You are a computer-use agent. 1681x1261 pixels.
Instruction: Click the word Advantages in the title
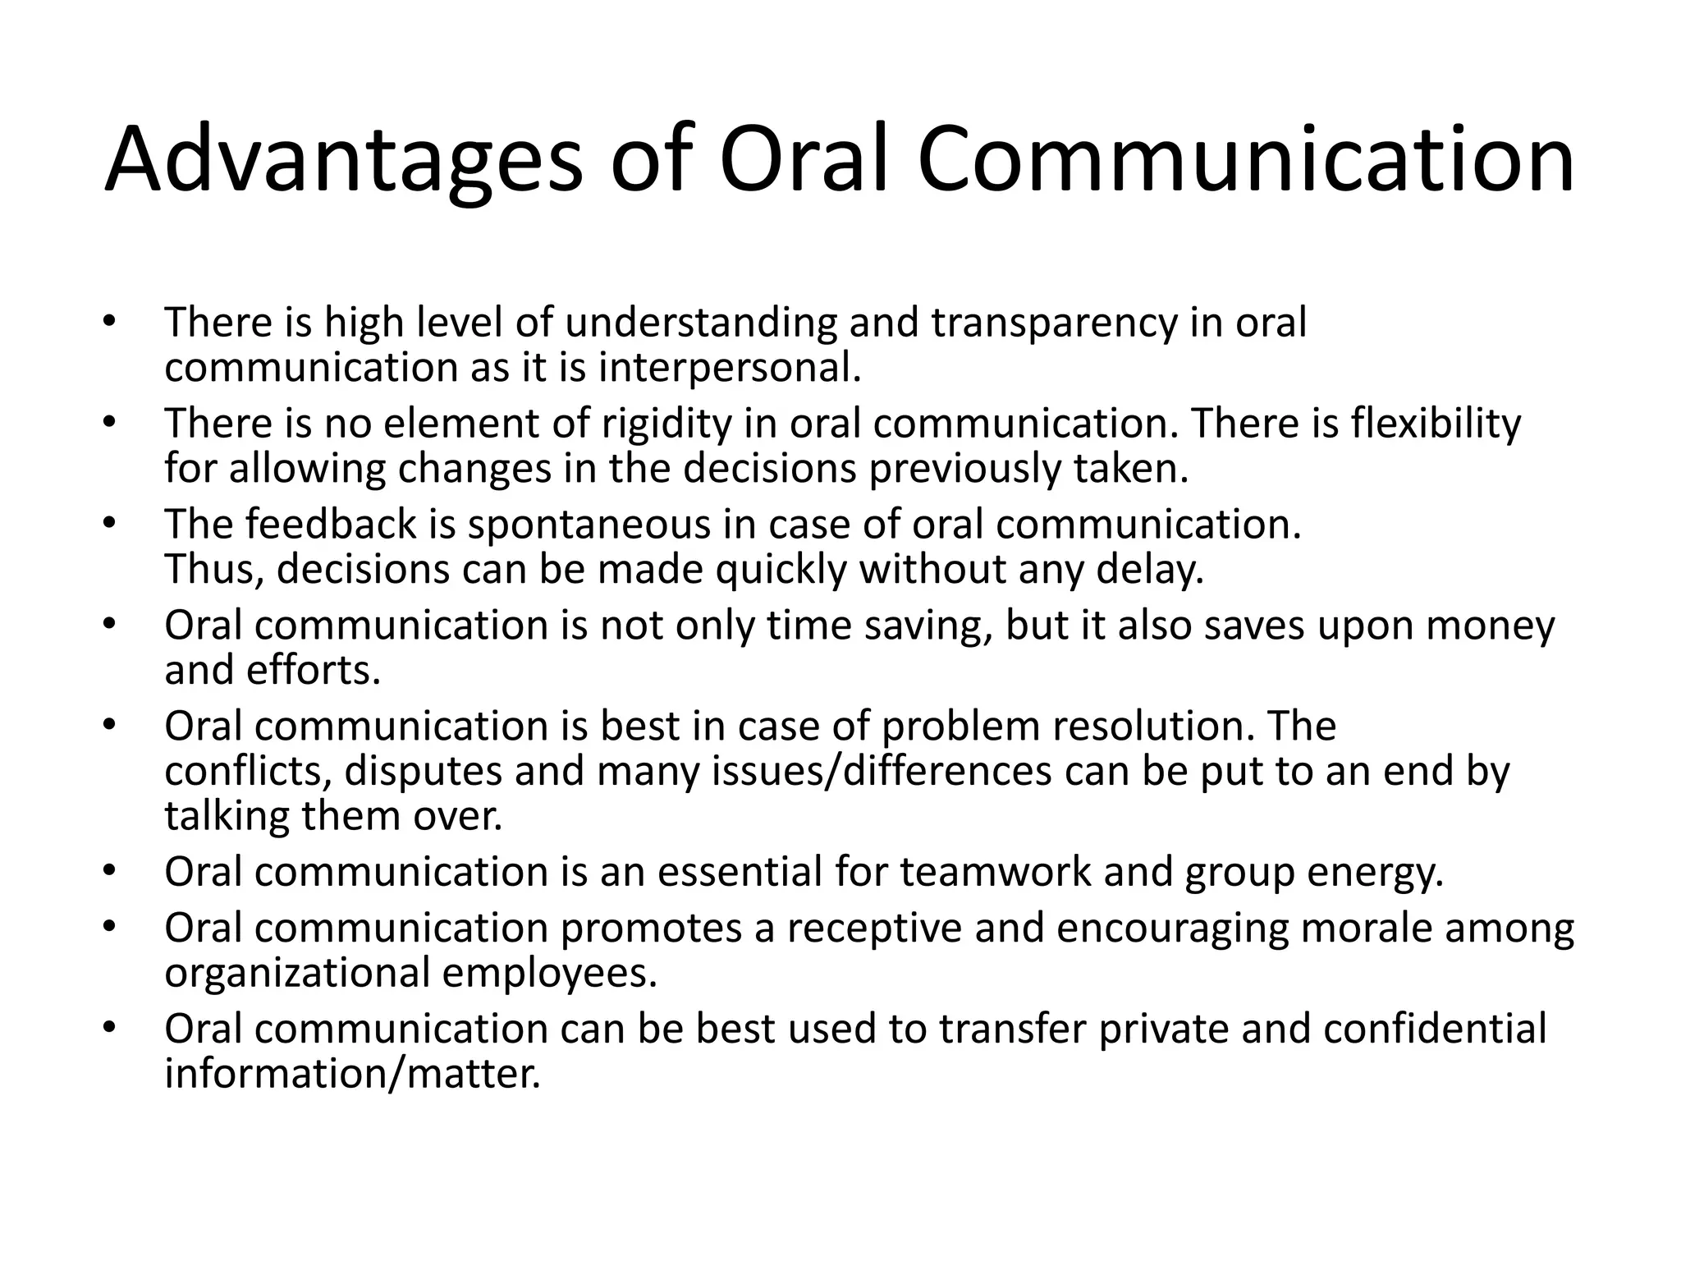343,160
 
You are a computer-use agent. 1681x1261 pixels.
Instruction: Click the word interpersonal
730,367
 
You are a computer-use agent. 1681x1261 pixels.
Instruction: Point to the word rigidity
666,424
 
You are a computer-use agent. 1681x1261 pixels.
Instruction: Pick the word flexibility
1436,424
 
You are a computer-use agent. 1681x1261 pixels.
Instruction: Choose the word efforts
314,671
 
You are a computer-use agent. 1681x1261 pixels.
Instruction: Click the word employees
549,974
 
